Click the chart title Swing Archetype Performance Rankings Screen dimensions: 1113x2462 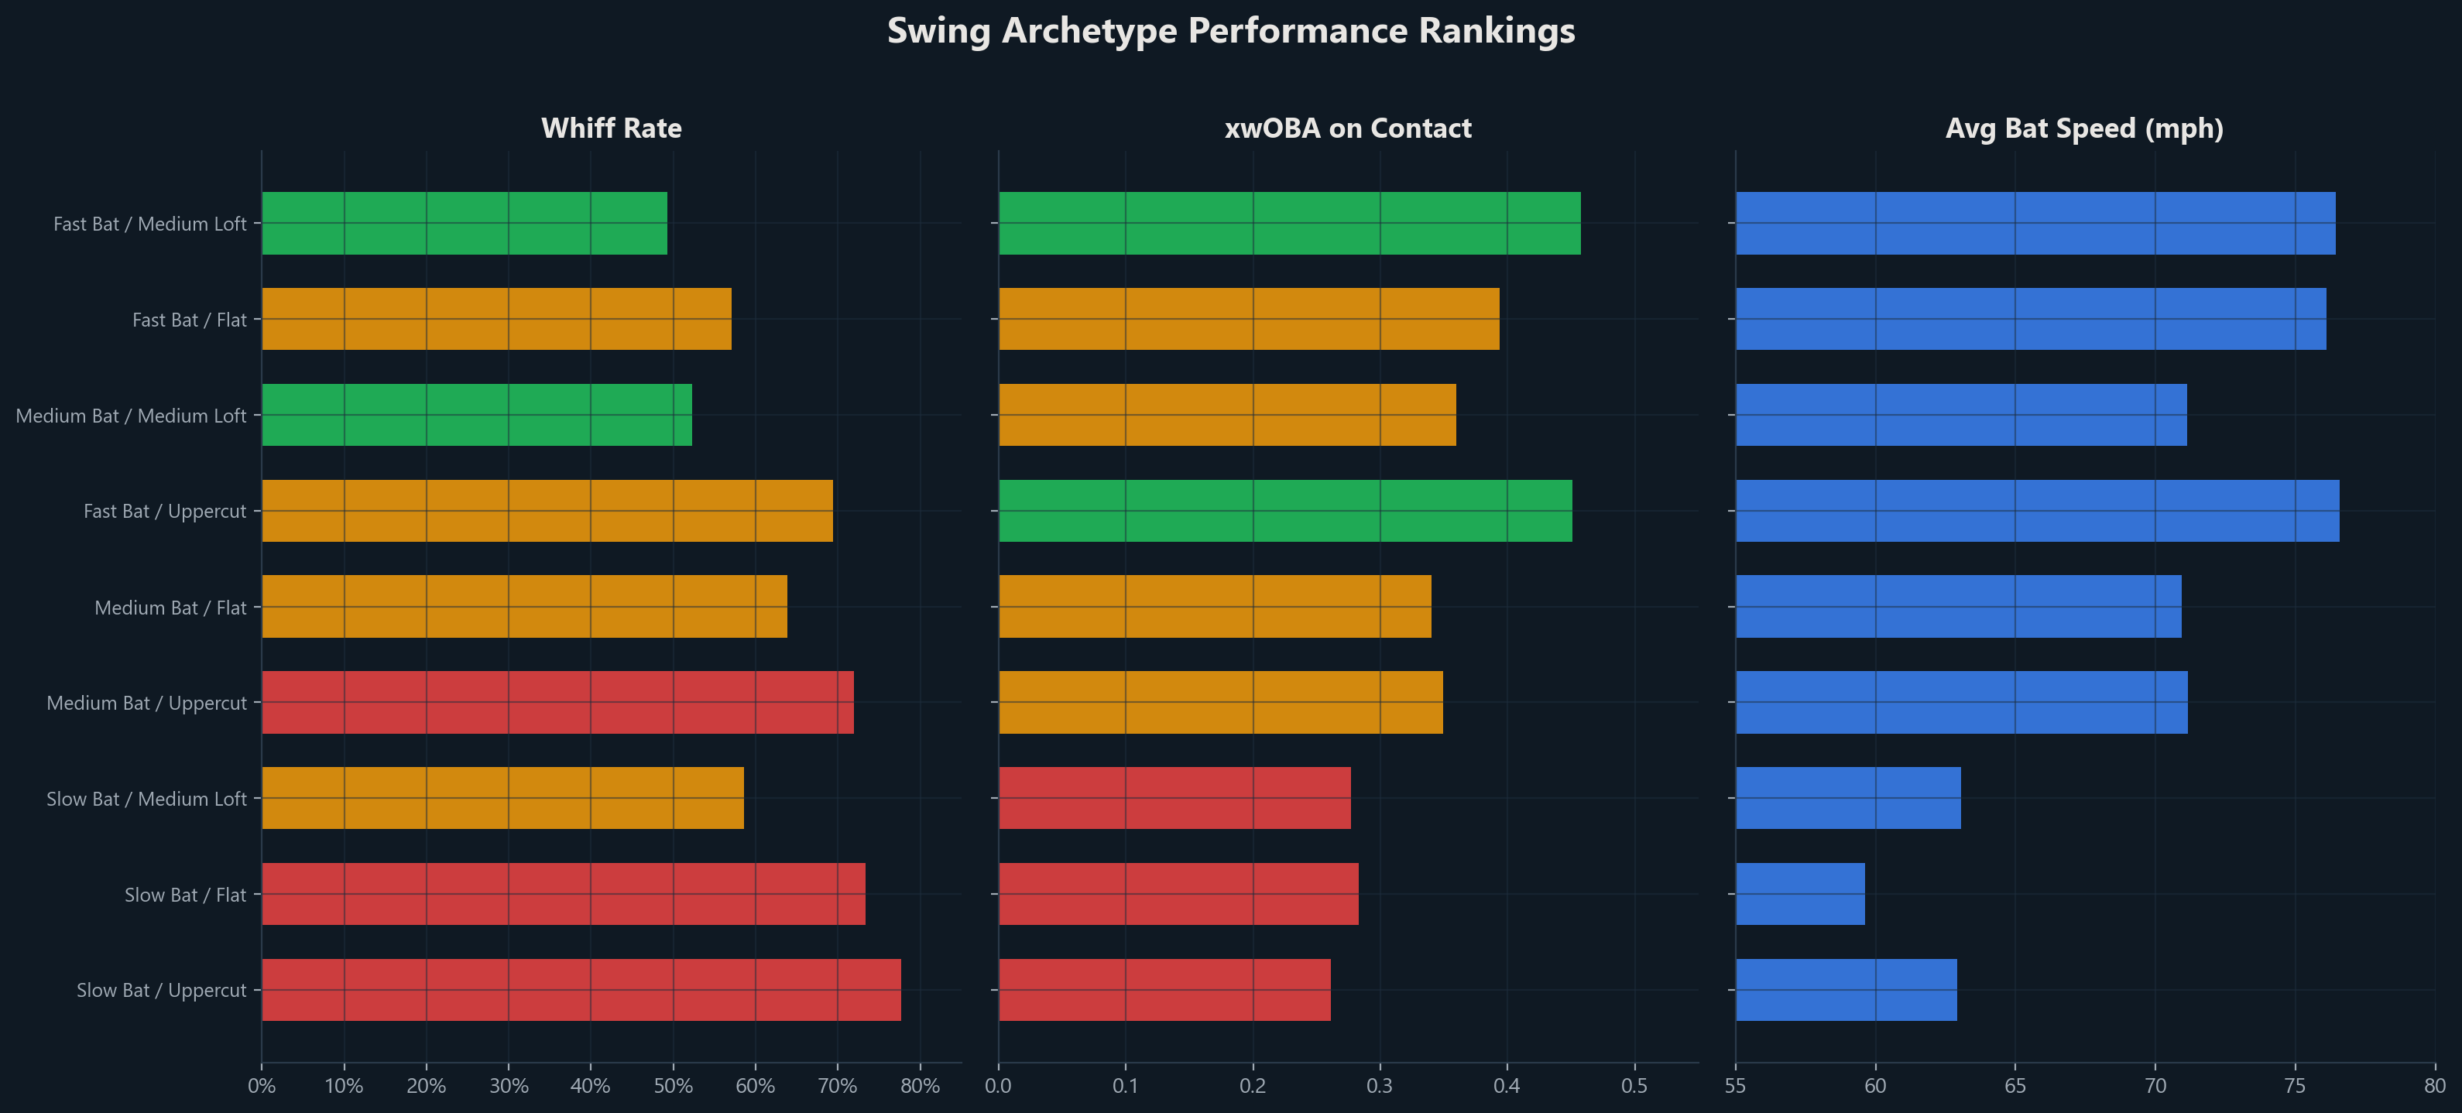pyautogui.click(x=1230, y=30)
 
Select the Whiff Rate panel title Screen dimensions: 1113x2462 pyautogui.click(x=611, y=128)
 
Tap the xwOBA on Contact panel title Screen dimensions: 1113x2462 pyautogui.click(x=1348, y=128)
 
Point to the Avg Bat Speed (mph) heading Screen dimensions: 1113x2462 pyautogui.click(x=2083, y=128)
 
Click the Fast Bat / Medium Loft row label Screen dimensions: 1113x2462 pyautogui.click(x=150, y=224)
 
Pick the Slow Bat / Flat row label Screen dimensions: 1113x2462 pyautogui.click(x=185, y=894)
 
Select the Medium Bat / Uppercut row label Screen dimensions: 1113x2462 pyautogui.click(x=146, y=703)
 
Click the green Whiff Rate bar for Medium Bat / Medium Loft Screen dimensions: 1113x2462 pyautogui.click(x=476, y=415)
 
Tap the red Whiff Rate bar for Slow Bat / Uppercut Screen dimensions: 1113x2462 pyautogui.click(x=581, y=990)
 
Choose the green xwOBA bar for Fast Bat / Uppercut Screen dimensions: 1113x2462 pyautogui.click(x=1284, y=510)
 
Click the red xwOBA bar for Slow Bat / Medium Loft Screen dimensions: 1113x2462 pyautogui.click(x=1174, y=798)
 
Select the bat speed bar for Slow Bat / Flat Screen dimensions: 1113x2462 pyautogui.click(x=1800, y=894)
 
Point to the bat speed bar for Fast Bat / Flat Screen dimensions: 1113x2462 pyautogui.click(x=2030, y=319)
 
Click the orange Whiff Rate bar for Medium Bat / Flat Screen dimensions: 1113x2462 pyautogui.click(x=523, y=607)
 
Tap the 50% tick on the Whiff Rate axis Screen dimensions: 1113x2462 pyautogui.click(x=673, y=1086)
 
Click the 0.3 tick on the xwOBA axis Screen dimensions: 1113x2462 pyautogui.click(x=1379, y=1086)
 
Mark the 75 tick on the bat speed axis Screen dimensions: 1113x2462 pyautogui.click(x=2295, y=1086)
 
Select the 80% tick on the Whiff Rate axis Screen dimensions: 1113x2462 pyautogui.click(x=920, y=1086)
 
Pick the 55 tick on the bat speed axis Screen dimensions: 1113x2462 pyautogui.click(x=1736, y=1086)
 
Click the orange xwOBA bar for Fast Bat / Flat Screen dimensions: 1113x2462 pyautogui.click(x=1248, y=319)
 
